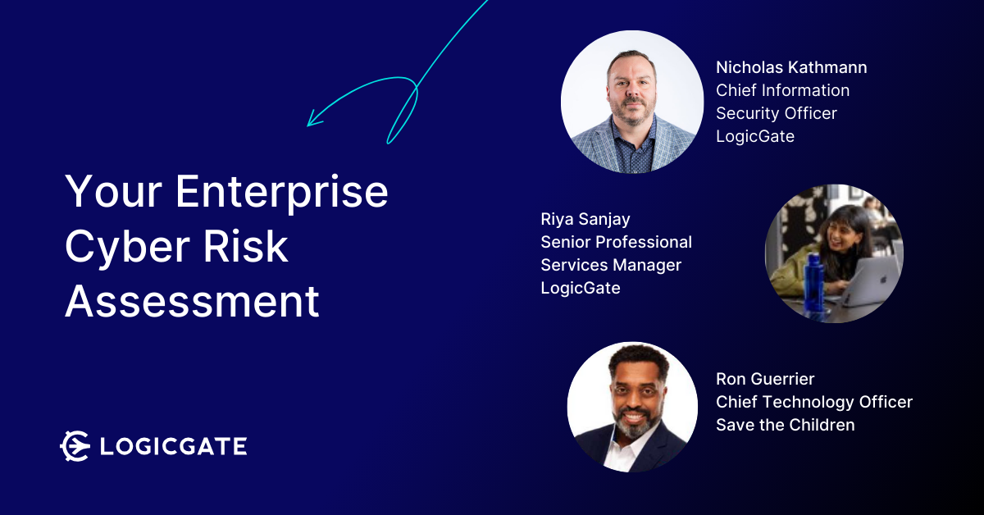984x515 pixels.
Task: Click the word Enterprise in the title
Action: (281, 192)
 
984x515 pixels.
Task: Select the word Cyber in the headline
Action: (127, 248)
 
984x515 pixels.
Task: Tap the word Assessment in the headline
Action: (192, 301)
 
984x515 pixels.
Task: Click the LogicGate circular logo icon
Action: (75, 446)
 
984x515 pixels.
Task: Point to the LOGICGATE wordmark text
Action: (174, 446)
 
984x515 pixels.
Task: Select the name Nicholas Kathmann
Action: (791, 68)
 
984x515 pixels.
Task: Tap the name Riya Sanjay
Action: (585, 219)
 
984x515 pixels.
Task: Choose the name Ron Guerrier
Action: (765, 379)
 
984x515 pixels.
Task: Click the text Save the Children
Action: (785, 425)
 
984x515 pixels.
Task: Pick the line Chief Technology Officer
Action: (814, 402)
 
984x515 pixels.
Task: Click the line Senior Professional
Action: (616, 242)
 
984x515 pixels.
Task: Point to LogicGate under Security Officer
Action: (755, 137)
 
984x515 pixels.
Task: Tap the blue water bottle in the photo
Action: (814, 285)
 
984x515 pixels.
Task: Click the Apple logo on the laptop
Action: (883, 280)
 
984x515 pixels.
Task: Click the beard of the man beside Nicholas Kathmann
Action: (633, 113)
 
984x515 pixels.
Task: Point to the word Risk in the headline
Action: (245, 247)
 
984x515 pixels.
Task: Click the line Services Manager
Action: (611, 266)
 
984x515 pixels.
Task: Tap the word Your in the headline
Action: (114, 192)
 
